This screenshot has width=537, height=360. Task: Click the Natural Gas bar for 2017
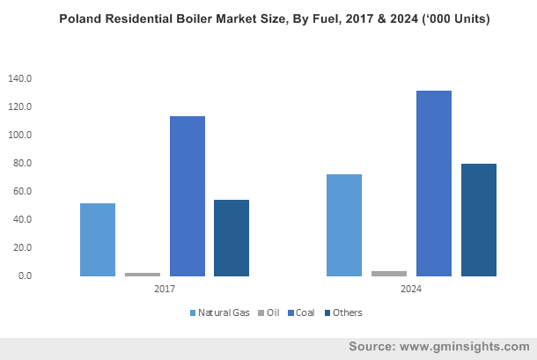coord(98,239)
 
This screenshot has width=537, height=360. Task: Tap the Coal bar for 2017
coord(188,196)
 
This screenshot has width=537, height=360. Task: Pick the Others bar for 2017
coord(232,238)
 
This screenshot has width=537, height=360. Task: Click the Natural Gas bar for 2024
coord(344,225)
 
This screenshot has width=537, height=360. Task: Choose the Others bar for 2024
coord(479,220)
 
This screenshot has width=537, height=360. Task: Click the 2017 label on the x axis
coord(165,288)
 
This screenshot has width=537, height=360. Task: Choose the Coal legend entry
coord(305,312)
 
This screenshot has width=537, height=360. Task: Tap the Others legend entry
coord(346,312)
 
